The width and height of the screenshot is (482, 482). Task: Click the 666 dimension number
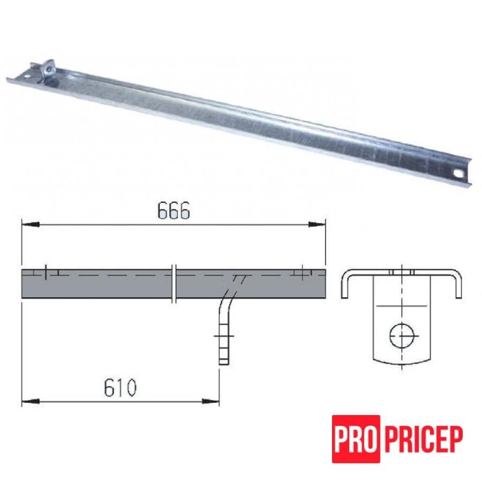click(174, 211)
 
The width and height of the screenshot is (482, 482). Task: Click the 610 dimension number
click(120, 388)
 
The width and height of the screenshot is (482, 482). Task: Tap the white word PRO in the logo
click(356, 439)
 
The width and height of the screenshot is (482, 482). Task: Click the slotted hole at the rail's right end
click(458, 174)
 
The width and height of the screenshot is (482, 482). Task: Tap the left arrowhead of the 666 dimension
click(31, 225)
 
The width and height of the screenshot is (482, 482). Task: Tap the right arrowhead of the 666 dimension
click(317, 224)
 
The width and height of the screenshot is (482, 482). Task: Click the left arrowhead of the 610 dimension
click(31, 401)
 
